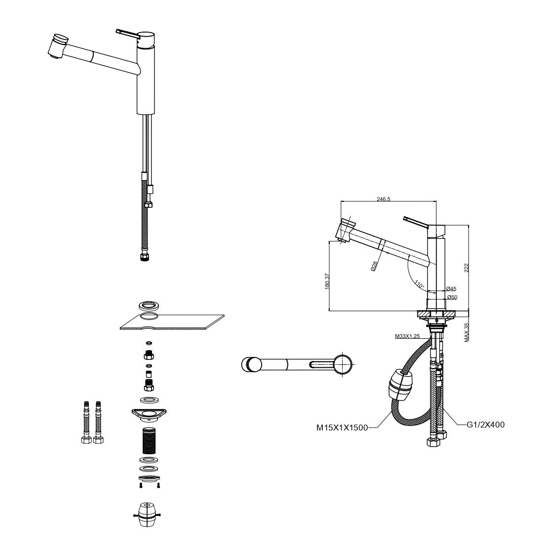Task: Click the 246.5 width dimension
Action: (x=384, y=199)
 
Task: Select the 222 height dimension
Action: (x=467, y=268)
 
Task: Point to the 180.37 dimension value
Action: (x=327, y=281)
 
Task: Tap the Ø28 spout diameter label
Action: (x=374, y=267)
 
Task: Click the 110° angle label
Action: (x=419, y=284)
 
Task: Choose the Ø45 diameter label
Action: (x=451, y=289)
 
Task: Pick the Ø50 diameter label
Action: (x=452, y=297)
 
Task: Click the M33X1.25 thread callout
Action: (x=407, y=336)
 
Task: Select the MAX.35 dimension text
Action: (x=467, y=332)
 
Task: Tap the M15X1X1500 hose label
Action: (x=342, y=428)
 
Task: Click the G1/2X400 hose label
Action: (x=485, y=425)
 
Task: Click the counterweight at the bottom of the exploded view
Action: (x=147, y=516)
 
